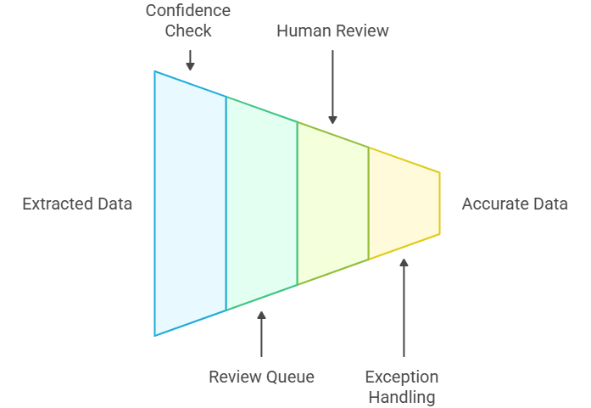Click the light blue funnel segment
point(190,204)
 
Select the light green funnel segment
point(261,204)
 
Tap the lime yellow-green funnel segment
point(332,204)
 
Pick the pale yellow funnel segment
point(404,204)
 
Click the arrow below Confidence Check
point(190,60)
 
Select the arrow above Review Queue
point(261,333)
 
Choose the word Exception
point(402,377)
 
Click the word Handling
point(402,396)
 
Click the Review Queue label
point(261,377)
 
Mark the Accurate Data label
point(515,204)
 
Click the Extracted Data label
point(77,204)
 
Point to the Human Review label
point(332,31)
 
